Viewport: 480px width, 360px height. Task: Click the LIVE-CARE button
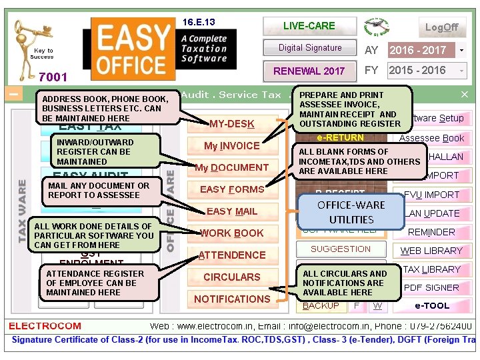[x=309, y=26]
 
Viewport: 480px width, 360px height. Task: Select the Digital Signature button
[x=309, y=48]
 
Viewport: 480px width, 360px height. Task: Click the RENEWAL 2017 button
[x=309, y=71]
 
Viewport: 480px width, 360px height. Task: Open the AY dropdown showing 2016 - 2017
[x=461, y=50]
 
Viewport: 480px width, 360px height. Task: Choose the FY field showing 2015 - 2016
[x=427, y=70]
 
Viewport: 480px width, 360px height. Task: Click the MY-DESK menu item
[x=231, y=124]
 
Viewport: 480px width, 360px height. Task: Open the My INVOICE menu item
[x=231, y=146]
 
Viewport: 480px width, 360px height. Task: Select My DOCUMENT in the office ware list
[x=231, y=167]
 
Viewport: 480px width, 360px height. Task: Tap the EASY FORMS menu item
[x=231, y=189]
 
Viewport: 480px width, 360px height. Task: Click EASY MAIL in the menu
[x=231, y=211]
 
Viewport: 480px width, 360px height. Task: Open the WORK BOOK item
[x=231, y=233]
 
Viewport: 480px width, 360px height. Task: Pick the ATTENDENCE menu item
[x=231, y=255]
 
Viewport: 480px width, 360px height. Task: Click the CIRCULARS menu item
[x=231, y=277]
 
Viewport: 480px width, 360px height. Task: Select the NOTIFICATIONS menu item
[x=231, y=299]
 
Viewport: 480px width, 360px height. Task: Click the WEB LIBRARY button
[x=431, y=251]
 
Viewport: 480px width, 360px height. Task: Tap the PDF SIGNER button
[x=431, y=288]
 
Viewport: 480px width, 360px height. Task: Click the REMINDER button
[x=431, y=232]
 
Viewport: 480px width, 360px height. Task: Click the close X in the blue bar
[x=465, y=95]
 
